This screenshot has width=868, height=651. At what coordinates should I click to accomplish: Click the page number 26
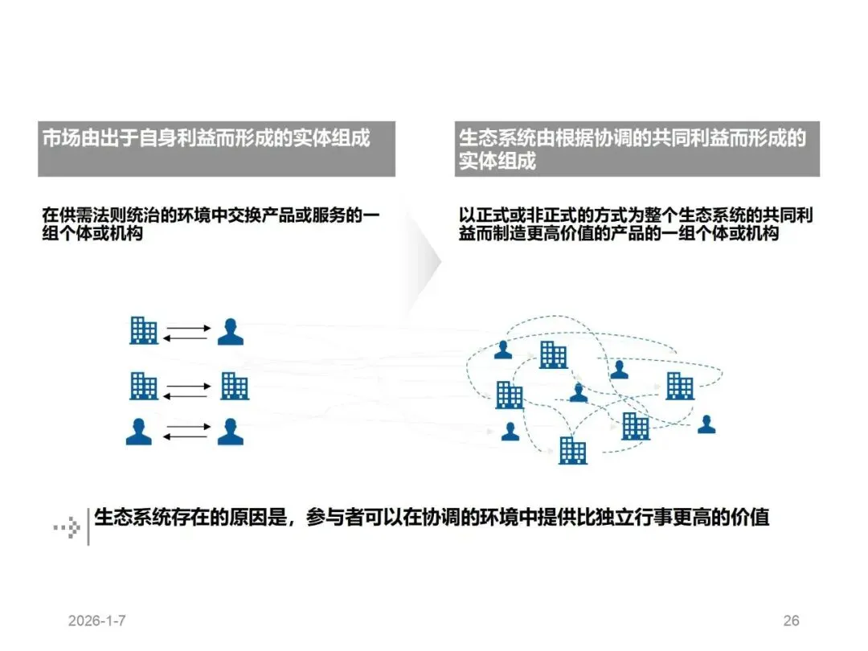791,621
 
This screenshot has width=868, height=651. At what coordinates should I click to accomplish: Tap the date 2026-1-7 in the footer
97,621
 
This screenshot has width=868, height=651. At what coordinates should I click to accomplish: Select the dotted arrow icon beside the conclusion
67,527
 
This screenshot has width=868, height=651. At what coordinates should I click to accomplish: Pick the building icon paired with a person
144,330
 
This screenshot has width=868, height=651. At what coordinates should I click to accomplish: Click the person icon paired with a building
231,332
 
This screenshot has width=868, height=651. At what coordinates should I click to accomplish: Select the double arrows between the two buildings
186,391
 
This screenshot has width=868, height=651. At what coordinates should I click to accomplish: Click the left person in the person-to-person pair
139,432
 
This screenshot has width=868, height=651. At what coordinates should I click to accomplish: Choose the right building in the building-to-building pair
235,387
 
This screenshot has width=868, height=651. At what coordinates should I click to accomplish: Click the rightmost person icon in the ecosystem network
706,424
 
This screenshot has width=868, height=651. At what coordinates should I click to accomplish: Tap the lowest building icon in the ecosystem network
573,450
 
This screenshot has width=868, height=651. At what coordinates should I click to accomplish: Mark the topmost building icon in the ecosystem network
553,354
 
